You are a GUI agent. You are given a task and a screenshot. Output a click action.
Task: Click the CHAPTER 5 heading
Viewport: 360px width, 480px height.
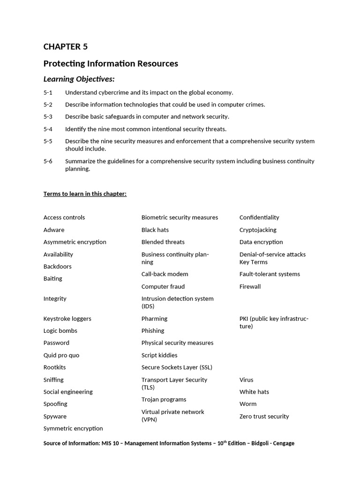(65, 46)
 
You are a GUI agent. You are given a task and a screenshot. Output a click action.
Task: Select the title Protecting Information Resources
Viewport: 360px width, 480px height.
(111, 63)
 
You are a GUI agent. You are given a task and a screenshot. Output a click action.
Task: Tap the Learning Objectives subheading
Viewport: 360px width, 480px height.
(79, 79)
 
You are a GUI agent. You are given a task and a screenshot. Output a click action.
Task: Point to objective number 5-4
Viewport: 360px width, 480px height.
(48, 129)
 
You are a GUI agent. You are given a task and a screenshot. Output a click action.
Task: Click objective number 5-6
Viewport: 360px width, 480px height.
(48, 161)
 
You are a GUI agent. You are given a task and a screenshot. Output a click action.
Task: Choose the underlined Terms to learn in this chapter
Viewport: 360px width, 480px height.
(85, 194)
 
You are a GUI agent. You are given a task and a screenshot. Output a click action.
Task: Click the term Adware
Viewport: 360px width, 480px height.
(54, 230)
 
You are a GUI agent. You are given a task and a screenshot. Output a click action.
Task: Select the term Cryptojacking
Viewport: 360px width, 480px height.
(258, 230)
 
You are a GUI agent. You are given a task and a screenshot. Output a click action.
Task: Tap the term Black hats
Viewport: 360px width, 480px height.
(155, 230)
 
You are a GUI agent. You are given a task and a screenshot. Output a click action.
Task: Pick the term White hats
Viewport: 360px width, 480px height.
(254, 392)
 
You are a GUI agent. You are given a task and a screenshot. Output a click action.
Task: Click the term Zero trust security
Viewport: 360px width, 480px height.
(264, 416)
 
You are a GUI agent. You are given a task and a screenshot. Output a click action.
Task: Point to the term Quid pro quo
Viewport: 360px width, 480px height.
(61, 355)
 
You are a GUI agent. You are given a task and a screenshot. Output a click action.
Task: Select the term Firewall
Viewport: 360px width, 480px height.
(250, 286)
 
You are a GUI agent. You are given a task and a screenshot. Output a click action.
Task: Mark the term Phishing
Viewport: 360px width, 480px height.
(153, 331)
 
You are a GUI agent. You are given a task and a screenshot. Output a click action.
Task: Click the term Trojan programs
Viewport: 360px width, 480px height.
(164, 399)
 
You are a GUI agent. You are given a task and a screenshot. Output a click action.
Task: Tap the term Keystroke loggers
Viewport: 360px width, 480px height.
(67, 319)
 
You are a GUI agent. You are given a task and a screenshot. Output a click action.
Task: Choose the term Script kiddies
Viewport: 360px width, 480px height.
(159, 355)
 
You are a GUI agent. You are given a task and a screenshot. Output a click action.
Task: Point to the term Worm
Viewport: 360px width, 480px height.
(248, 404)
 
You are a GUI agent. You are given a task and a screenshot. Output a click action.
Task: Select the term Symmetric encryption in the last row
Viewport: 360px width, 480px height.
(73, 428)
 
